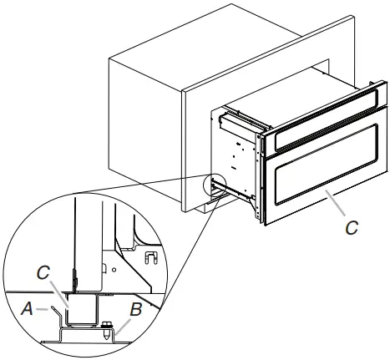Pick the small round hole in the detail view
tap(105, 269)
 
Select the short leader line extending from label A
tap(39, 309)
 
